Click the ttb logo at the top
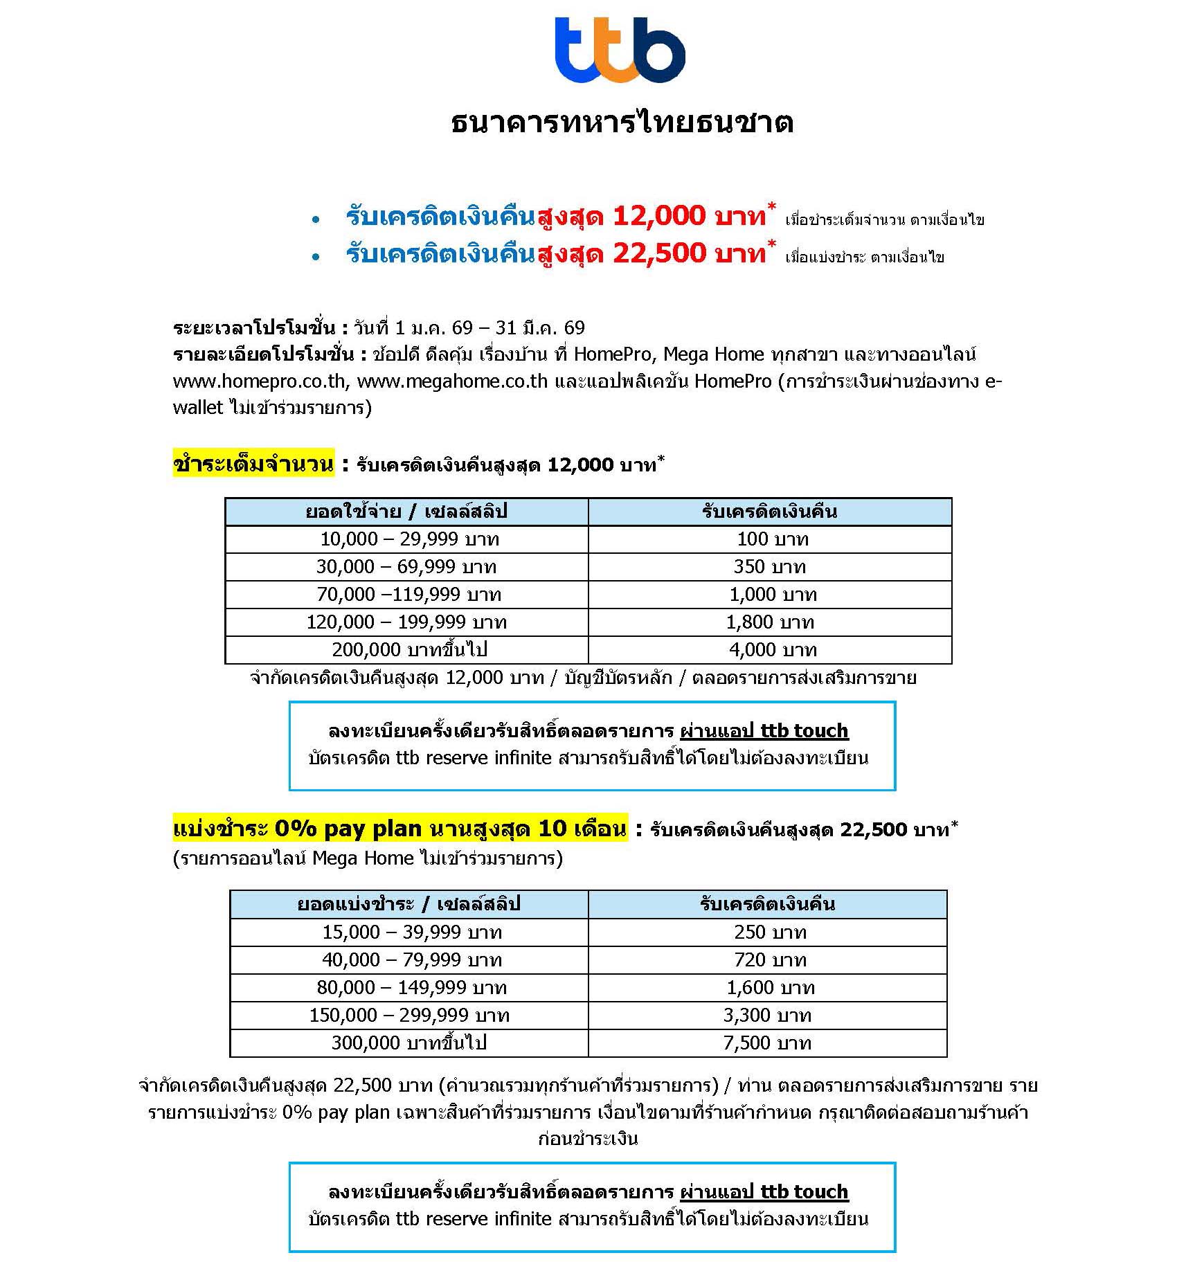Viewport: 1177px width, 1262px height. (x=620, y=51)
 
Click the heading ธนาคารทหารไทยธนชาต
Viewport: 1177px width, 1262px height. (x=622, y=123)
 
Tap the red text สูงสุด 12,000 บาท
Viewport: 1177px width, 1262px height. (x=652, y=217)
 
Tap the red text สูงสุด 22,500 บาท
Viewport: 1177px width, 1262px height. (x=652, y=254)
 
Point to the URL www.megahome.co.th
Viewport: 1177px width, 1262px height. (x=452, y=381)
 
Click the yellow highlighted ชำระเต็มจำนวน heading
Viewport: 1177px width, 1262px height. (x=253, y=464)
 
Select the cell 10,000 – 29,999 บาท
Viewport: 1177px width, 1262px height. (x=409, y=539)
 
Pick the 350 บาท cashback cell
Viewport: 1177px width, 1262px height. (x=770, y=567)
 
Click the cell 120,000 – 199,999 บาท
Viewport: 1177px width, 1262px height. (x=406, y=622)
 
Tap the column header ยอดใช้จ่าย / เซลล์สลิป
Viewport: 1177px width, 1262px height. (x=406, y=512)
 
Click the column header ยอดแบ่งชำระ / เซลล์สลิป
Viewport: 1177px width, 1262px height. (x=408, y=904)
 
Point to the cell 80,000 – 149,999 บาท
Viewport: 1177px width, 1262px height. (x=411, y=988)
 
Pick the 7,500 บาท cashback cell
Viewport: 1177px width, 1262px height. (x=767, y=1043)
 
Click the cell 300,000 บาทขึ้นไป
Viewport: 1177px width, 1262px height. (x=408, y=1043)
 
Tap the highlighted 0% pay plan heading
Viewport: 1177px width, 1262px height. (x=400, y=829)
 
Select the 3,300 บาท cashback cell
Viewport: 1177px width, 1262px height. (x=767, y=1016)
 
